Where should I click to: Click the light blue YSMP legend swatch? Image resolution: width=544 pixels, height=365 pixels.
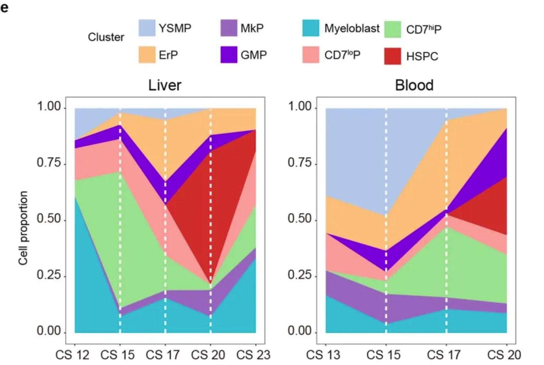147,28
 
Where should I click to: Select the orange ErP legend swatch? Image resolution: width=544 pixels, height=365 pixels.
147,55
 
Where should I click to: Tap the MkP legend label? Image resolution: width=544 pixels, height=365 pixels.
252,28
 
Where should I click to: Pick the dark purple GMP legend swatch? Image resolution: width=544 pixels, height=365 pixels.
229,55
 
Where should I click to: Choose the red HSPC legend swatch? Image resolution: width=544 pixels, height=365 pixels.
392,56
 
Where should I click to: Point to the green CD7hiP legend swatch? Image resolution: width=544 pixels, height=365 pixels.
392,29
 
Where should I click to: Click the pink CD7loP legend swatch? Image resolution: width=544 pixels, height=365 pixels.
310,55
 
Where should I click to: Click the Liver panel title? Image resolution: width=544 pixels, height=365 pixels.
165,85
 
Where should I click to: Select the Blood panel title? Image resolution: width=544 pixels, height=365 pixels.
414,85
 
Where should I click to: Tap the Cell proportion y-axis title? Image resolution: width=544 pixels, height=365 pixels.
23,228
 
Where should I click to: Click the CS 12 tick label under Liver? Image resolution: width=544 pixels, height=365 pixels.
72,355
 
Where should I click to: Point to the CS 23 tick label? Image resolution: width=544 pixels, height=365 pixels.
253,355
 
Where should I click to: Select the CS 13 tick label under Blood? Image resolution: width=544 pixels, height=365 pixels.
323,355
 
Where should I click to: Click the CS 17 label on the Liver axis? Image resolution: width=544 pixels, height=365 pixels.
163,355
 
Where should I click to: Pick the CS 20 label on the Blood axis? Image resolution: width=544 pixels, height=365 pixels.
504,355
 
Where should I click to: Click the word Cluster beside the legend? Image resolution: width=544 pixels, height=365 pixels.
106,37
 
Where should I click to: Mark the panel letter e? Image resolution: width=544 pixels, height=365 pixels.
5,8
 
